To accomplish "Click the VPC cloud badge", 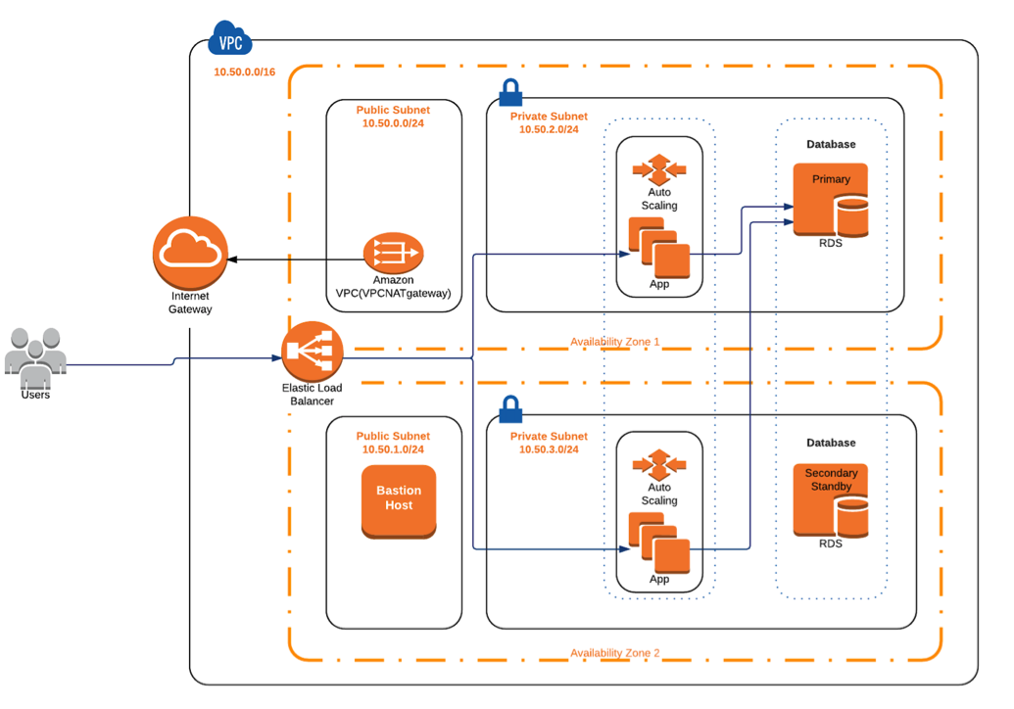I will [230, 41].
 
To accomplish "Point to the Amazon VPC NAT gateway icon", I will [393, 253].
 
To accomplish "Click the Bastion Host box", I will [399, 499].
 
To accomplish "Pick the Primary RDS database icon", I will [831, 201].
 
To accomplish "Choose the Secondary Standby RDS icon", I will [831, 500].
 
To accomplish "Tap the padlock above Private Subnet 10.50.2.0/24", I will [509, 93].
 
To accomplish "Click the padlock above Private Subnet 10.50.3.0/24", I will [509, 408].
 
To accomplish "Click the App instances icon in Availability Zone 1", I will [659, 247].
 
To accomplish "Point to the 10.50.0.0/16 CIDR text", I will [245, 72].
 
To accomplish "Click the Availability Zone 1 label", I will [615, 342].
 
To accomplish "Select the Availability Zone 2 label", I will [615, 653].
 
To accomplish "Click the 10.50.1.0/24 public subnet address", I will [393, 449].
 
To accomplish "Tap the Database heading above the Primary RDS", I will [831, 144].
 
